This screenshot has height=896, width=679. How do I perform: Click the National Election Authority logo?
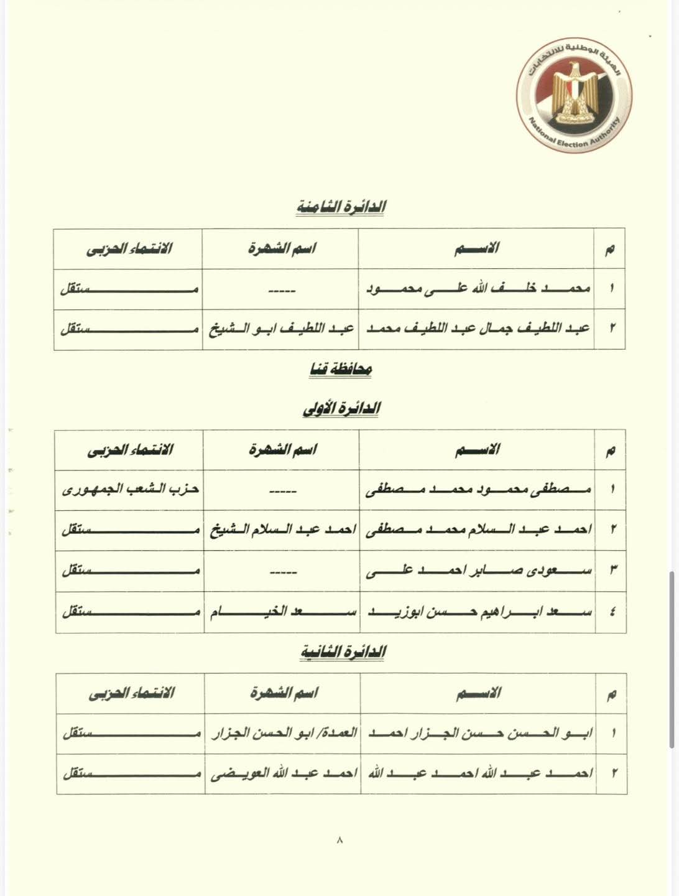(x=574, y=96)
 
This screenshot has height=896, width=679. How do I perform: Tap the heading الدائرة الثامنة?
(x=340, y=207)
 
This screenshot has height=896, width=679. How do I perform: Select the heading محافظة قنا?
(x=340, y=369)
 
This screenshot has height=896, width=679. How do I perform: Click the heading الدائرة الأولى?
(x=341, y=408)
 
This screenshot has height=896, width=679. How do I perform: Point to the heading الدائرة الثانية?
(x=343, y=651)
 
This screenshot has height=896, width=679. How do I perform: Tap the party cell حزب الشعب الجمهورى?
(x=131, y=489)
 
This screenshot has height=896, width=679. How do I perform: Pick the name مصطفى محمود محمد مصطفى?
(x=479, y=489)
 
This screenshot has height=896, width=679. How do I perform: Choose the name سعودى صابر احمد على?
(x=479, y=570)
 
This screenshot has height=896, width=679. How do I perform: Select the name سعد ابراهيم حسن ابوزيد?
(x=479, y=611)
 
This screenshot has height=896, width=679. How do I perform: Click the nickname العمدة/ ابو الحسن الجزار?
(x=284, y=732)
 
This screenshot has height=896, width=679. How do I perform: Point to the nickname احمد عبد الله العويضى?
(x=284, y=773)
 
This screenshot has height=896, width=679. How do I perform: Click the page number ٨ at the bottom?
(x=339, y=840)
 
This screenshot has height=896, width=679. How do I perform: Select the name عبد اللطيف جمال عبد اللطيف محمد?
(x=478, y=328)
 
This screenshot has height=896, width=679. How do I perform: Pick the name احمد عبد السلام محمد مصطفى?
(x=479, y=530)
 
